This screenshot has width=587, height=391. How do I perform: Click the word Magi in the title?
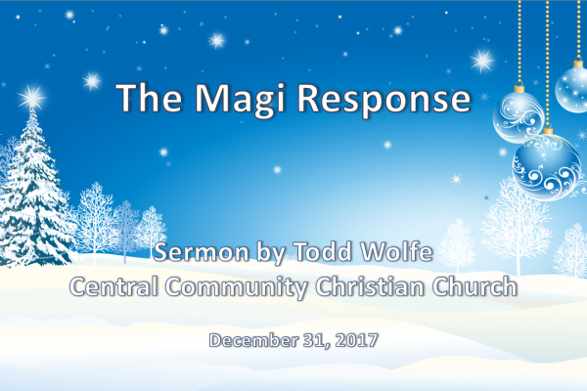tap(240, 100)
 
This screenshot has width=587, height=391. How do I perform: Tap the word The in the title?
tap(150, 98)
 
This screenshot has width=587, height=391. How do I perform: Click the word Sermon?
tap(202, 252)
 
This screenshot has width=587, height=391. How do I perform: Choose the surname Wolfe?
tap(396, 251)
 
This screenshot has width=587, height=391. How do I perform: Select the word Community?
tap(236, 288)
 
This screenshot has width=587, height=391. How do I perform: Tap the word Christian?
tap(370, 286)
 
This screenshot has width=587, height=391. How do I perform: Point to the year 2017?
tap(356, 340)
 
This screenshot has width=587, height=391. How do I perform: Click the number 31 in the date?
tap(317, 341)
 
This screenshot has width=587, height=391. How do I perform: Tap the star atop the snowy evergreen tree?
tap(32, 98)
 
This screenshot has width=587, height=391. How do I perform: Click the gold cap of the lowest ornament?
tap(548, 131)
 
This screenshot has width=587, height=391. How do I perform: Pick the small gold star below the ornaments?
tap(456, 179)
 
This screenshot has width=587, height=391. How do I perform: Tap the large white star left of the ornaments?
tap(482, 61)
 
